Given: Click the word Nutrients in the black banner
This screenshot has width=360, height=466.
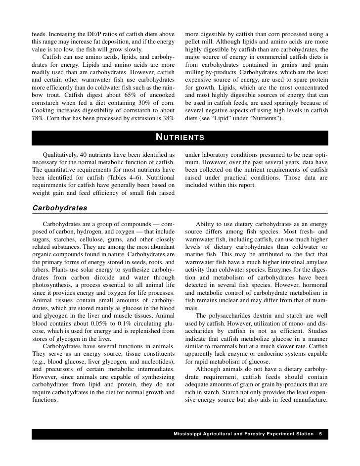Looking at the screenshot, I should (x=180, y=137).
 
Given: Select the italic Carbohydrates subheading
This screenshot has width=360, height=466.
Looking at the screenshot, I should (x=59, y=208).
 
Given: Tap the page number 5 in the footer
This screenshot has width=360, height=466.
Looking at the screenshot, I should (x=320, y=434).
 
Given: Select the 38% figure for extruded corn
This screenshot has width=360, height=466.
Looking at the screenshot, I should (x=168, y=118).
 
